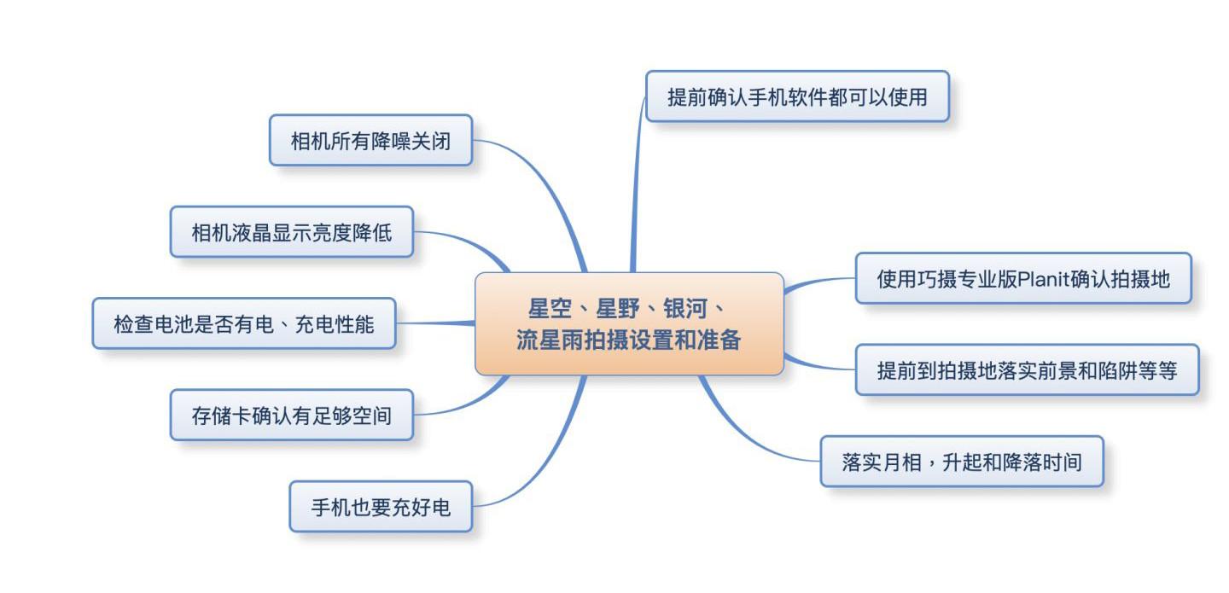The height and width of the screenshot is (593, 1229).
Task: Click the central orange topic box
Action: coord(629,323)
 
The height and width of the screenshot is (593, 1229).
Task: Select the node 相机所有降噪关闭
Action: coord(370,140)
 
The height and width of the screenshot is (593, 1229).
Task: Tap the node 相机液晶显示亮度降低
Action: coord(291,231)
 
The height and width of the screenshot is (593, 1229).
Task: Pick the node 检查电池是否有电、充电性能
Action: coord(243,323)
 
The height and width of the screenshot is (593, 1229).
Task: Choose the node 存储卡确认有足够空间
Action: coord(291,415)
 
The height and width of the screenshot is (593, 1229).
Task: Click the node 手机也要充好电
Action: coord(380,507)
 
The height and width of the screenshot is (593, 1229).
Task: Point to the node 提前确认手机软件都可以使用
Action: coord(797,96)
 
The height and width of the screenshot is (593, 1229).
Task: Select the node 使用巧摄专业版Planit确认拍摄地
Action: coord(1022,278)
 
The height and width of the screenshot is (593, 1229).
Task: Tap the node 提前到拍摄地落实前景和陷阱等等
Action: coord(1027,369)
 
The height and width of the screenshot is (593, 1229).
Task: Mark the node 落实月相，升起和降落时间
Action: coord(962,462)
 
